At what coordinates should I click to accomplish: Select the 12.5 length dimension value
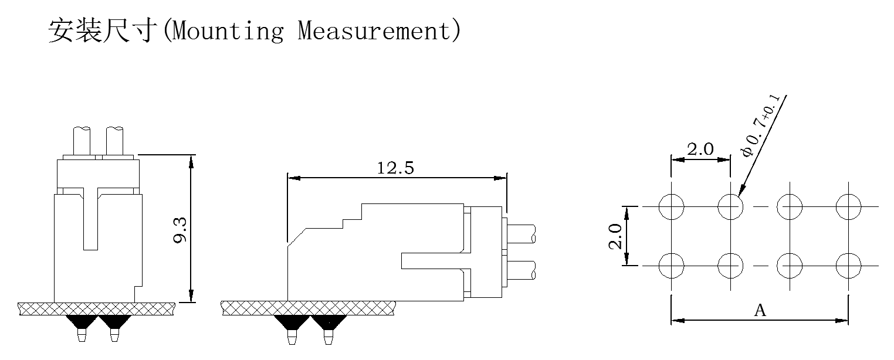(395, 168)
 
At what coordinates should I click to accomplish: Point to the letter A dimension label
(760, 311)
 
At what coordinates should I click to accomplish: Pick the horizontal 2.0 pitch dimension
(700, 150)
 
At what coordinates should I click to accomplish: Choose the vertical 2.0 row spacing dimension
(615, 236)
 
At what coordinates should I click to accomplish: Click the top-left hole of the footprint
(671, 206)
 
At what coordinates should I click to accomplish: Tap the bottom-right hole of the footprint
(848, 266)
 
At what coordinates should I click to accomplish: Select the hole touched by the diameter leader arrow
(730, 206)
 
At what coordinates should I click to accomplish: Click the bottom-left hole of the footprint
(671, 266)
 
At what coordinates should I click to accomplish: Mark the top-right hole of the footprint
(848, 206)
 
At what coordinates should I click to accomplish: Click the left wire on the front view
(82, 141)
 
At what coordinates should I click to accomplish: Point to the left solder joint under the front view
(81, 321)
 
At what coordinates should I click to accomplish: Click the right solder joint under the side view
(329, 322)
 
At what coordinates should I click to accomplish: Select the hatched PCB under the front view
(97, 308)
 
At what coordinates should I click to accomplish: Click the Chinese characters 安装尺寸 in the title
(103, 30)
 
